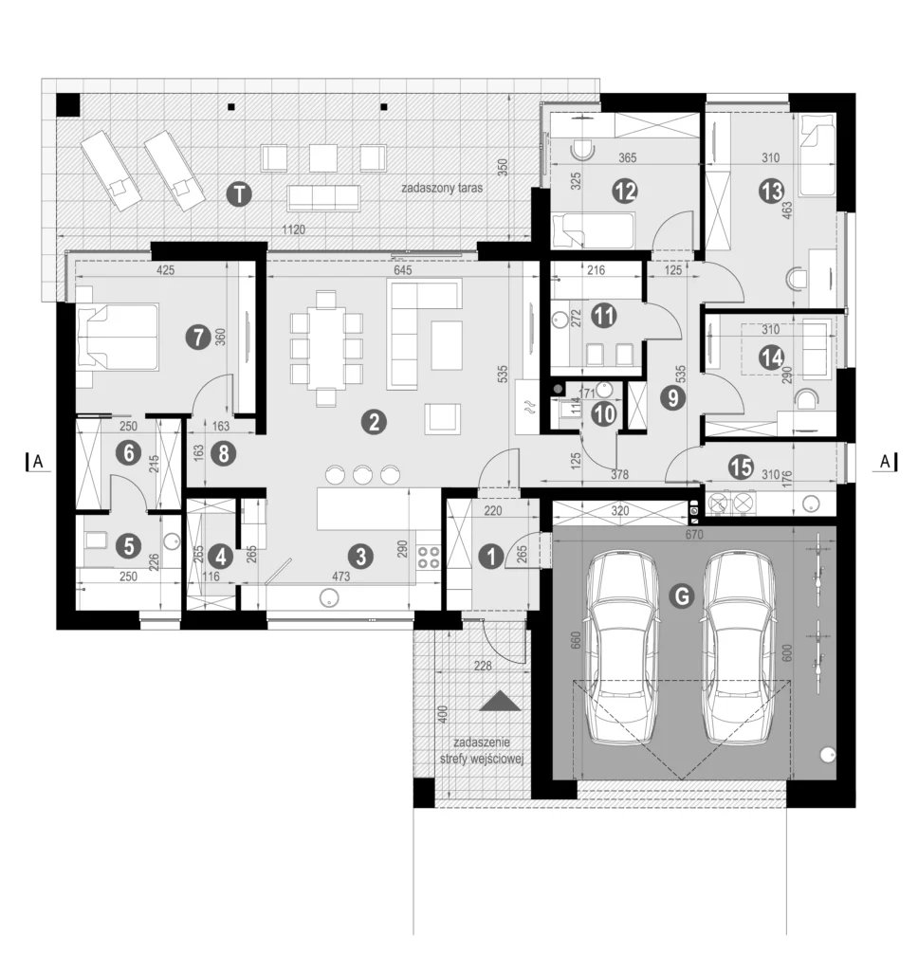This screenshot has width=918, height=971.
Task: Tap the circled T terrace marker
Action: click(x=241, y=195)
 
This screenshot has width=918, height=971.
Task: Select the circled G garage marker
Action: click(x=679, y=595)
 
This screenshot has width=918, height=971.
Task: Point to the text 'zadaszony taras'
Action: click(x=442, y=189)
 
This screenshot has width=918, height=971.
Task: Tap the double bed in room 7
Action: click(x=118, y=337)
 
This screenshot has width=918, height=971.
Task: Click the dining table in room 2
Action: click(x=326, y=348)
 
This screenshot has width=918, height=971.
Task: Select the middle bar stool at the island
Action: click(x=362, y=473)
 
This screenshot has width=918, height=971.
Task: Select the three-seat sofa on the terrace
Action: click(x=324, y=197)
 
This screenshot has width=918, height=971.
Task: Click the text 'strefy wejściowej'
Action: click(x=483, y=760)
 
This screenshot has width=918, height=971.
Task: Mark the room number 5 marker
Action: click(x=125, y=545)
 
